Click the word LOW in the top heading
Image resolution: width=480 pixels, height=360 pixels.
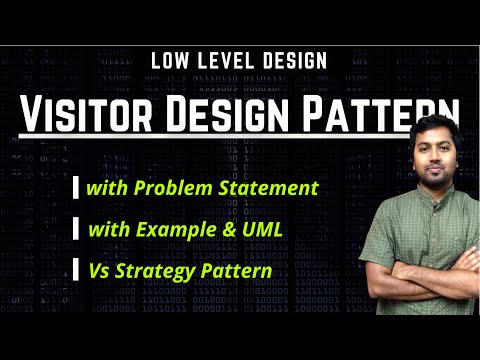[x=172, y=60]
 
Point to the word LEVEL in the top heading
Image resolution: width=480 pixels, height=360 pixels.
[x=225, y=60]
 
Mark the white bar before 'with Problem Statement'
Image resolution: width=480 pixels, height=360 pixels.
[x=77, y=188]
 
